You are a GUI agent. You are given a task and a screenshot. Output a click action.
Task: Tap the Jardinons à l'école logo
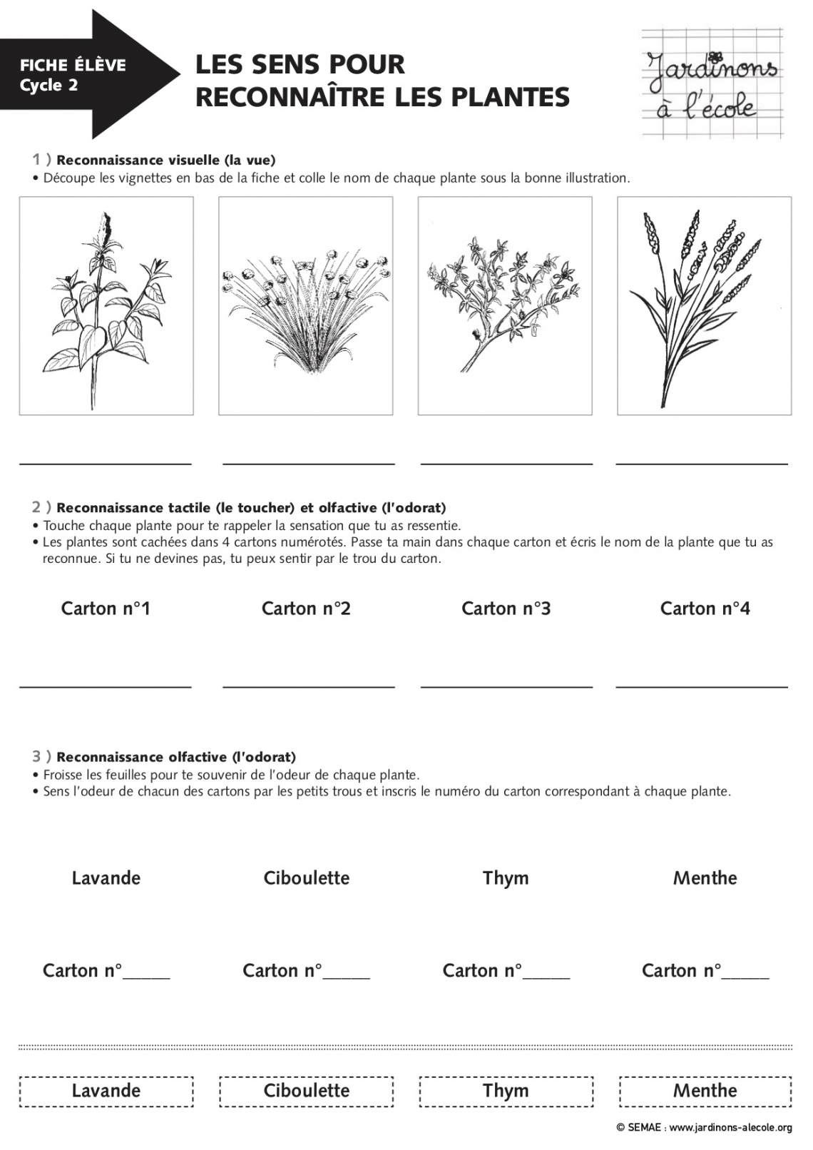coord(712,83)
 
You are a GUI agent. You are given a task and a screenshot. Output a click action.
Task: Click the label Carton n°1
coord(106,609)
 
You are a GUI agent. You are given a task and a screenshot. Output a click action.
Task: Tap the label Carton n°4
coord(705,609)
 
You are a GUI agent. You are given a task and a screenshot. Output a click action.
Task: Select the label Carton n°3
coord(506,609)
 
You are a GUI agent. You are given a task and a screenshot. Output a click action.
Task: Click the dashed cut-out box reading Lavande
coord(106,1091)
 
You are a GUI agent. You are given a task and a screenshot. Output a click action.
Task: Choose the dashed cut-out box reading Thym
coord(506,1091)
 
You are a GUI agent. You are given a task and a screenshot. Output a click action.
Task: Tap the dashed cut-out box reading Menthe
coord(705,1091)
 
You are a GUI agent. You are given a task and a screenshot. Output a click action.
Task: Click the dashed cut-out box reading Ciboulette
coord(307,1091)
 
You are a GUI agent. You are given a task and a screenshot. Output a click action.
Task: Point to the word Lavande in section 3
coord(106,878)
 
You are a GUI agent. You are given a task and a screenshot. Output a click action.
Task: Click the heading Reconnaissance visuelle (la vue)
coord(165,161)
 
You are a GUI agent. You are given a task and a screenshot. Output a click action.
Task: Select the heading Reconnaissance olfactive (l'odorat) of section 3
coord(175,757)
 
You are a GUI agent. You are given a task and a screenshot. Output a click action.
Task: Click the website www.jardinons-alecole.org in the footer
coord(730,1128)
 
